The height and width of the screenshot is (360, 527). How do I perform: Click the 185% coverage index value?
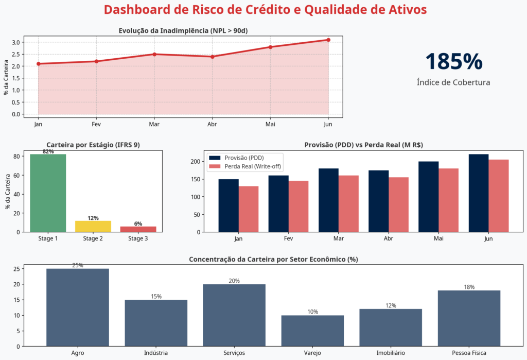tap(453, 61)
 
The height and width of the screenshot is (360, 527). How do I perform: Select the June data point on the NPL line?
tap(328, 40)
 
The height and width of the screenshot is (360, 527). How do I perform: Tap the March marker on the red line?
tap(154, 54)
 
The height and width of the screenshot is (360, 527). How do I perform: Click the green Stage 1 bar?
tap(48, 193)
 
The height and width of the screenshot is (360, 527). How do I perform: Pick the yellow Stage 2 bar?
tap(93, 226)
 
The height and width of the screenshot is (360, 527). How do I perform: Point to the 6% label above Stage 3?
tap(138, 224)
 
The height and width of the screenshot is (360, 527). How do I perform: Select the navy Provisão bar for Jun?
tap(478, 193)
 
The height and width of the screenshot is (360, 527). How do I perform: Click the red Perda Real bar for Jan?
tap(248, 209)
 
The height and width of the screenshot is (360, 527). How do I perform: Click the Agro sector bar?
tap(78, 307)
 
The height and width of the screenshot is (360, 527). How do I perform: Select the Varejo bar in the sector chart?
tap(312, 331)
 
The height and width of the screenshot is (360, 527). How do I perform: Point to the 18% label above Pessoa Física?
tap(469, 287)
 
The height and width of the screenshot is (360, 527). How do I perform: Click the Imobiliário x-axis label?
tap(391, 353)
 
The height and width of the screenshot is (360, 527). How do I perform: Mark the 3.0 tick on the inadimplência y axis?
tap(16, 42)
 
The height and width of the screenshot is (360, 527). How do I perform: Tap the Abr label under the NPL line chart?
tap(212, 124)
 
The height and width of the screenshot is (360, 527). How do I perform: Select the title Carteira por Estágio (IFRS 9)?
tap(93, 145)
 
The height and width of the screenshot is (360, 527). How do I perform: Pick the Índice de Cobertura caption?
tap(453, 82)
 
